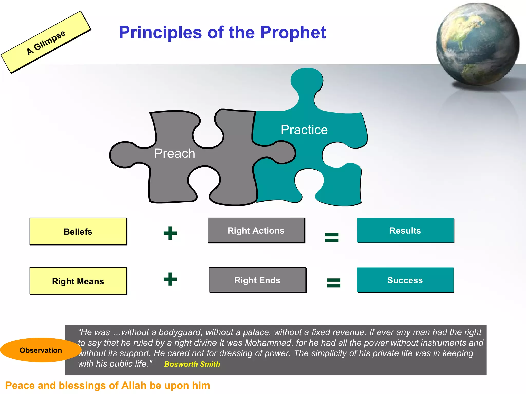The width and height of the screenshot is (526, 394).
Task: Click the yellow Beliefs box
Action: [x=78, y=231]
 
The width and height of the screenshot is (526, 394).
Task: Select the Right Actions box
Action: [x=256, y=230]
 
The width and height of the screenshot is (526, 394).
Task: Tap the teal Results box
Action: [x=405, y=230]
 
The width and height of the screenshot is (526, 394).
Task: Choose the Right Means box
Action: [x=78, y=281]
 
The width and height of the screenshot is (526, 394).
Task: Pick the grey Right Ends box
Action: [x=257, y=280]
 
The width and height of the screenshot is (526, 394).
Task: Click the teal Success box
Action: [x=405, y=280]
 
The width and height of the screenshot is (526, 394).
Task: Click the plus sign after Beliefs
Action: [x=170, y=233]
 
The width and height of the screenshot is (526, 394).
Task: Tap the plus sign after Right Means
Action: [x=170, y=279]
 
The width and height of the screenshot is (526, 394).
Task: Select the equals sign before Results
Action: [x=332, y=237]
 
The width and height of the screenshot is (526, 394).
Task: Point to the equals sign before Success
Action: [x=333, y=283]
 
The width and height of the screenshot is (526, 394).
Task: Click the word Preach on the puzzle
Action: [x=174, y=153]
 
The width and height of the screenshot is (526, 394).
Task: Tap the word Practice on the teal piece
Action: [x=304, y=130]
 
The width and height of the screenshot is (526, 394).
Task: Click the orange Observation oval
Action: [x=41, y=350]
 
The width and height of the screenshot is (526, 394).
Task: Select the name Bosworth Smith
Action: [x=192, y=364]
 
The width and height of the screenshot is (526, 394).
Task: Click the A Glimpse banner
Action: [x=46, y=42]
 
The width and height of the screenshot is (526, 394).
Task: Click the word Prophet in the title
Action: [x=293, y=33]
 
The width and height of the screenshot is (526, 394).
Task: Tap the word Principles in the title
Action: [x=160, y=33]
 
